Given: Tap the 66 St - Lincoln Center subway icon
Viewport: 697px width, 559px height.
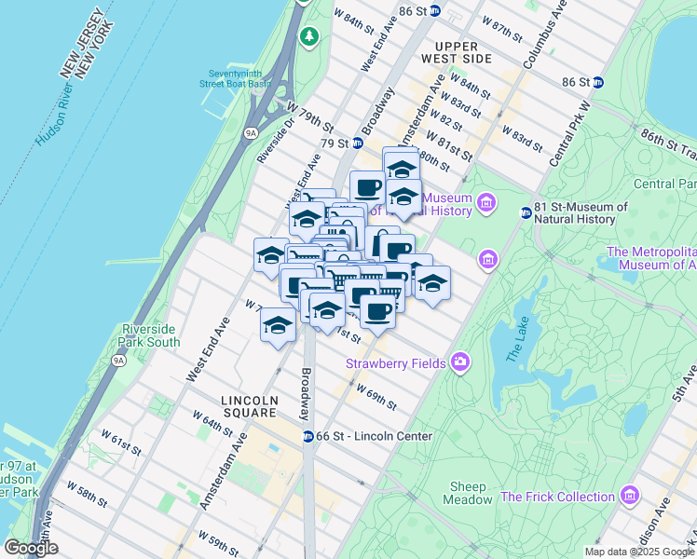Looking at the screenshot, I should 307,436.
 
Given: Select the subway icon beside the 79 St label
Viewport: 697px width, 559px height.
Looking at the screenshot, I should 357,143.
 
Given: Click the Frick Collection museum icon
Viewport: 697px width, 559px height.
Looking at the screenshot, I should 632,497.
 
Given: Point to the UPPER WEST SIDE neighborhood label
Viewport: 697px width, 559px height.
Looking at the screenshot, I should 457,52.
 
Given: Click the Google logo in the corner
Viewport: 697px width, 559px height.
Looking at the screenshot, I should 31,548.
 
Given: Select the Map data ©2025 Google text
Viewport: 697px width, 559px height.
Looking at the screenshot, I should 638,552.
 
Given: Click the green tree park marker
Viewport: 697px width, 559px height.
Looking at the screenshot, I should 309,36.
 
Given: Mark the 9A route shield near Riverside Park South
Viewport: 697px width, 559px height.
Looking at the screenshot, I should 117,360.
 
